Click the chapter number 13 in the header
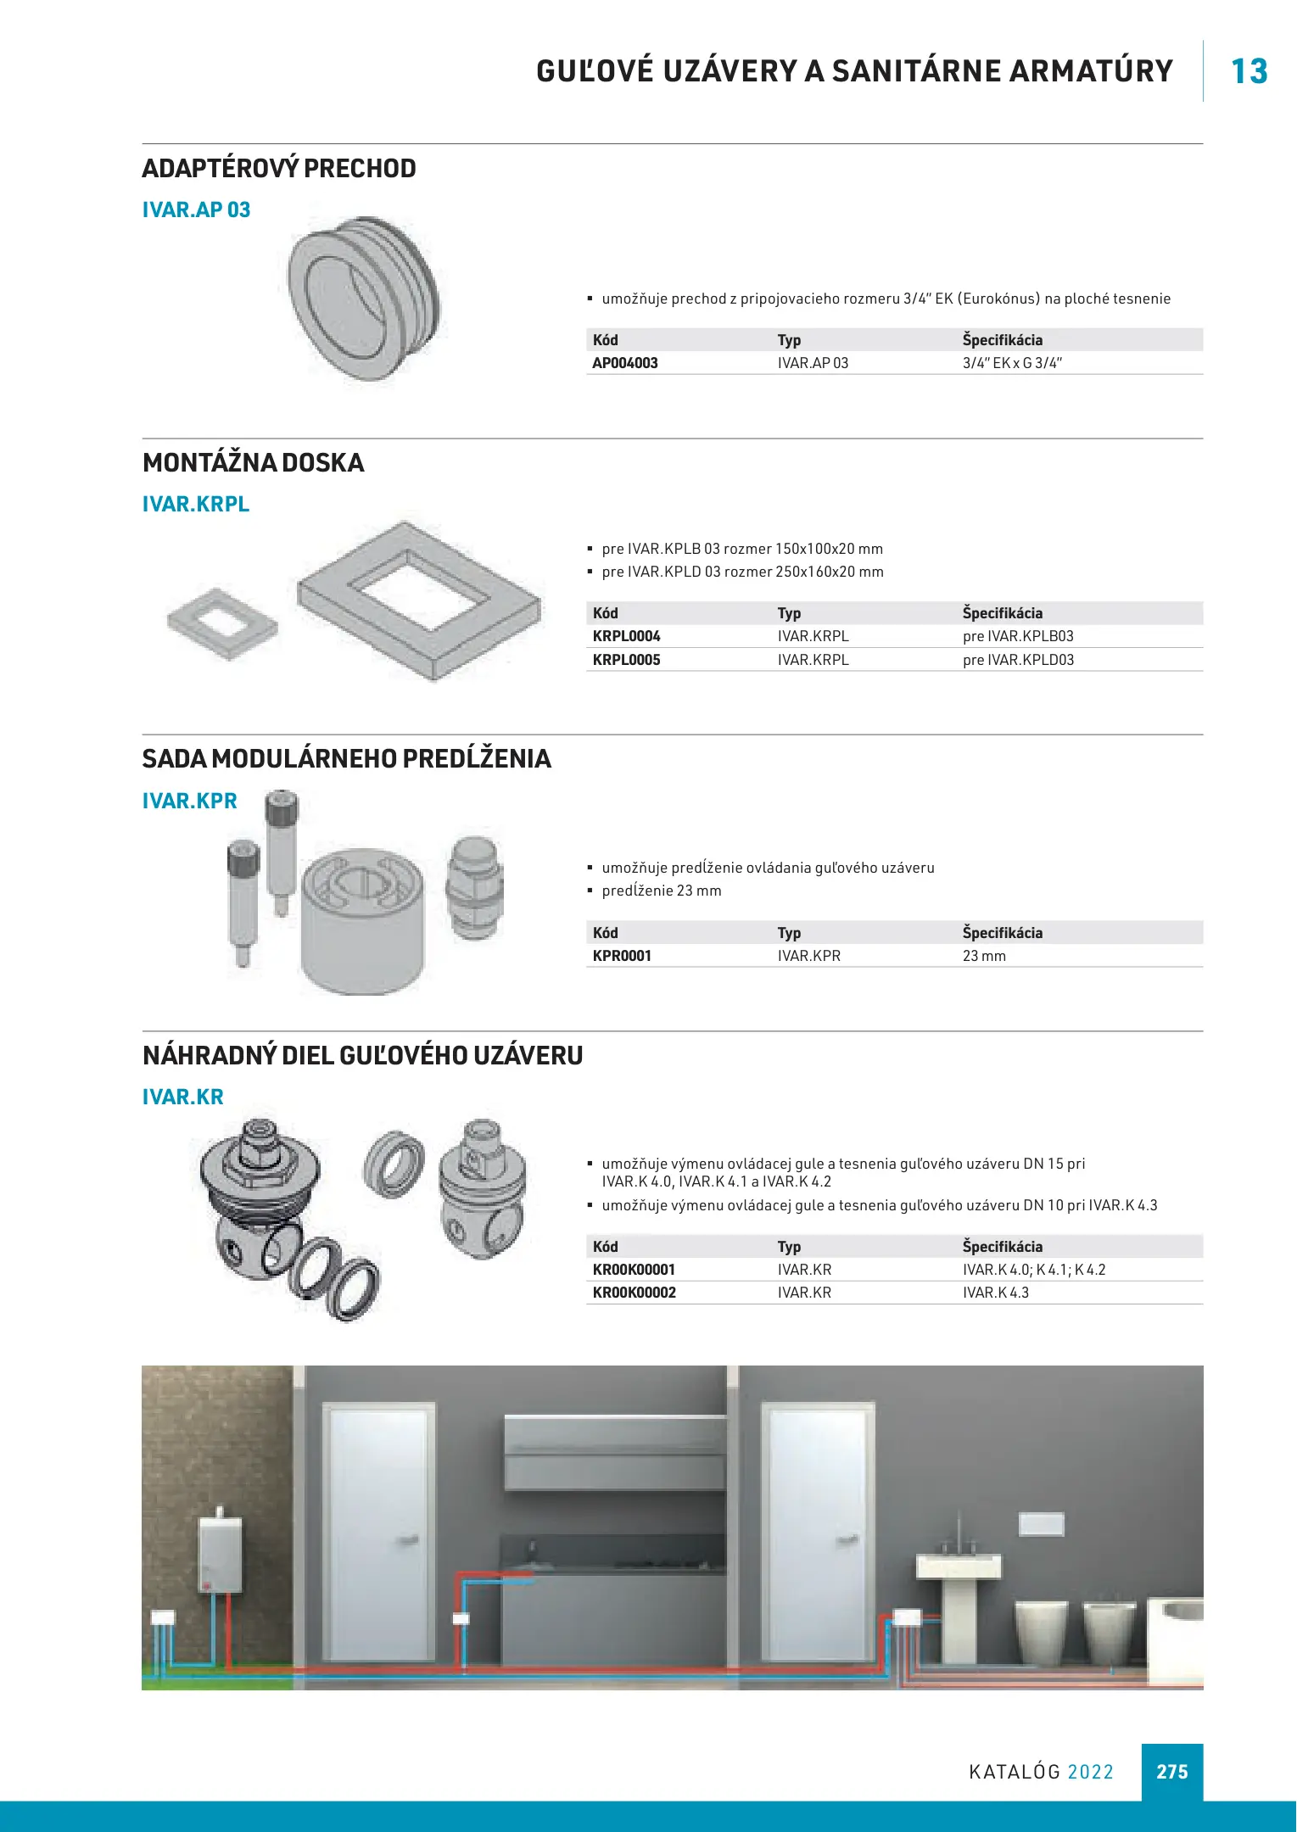point(1249,71)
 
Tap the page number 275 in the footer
point(1171,1772)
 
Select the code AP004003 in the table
point(625,363)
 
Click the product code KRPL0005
point(626,660)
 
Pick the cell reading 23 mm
point(984,956)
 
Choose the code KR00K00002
point(634,1293)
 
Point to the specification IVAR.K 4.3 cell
point(995,1293)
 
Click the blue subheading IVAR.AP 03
point(196,209)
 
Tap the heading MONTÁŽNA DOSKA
point(253,462)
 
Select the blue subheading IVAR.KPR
point(189,801)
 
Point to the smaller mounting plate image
point(222,623)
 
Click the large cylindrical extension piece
point(362,919)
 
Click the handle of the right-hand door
point(847,1540)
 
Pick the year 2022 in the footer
point(1090,1772)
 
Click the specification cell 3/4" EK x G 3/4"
point(1012,363)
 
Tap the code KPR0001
point(622,956)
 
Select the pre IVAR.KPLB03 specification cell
point(1018,636)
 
